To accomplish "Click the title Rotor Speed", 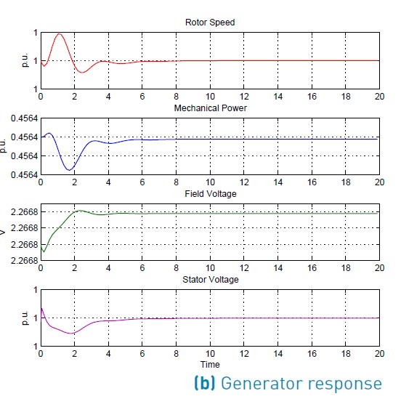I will coord(210,23).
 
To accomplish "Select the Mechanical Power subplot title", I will coord(210,108).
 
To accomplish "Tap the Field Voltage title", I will coord(210,194).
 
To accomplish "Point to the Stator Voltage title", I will coord(210,279).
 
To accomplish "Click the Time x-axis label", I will coord(210,364).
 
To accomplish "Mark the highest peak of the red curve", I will coord(60,34).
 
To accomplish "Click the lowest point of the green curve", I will coord(44,252).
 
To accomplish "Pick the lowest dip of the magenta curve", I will coord(72,334).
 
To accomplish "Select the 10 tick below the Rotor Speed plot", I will coord(210,97).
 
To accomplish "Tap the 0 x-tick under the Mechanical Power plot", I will coord(41,183).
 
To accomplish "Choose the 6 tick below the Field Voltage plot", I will coord(142,269).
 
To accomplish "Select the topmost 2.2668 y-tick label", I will coord(20,211).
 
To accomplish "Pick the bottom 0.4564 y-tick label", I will coord(20,174).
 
